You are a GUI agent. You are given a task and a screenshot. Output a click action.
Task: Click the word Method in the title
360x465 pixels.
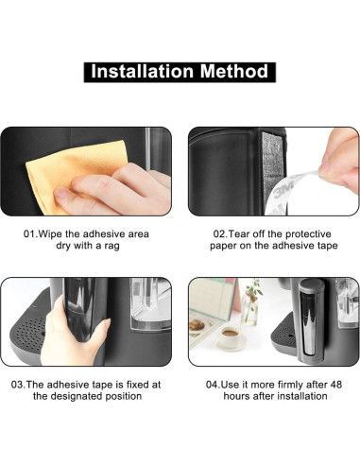[233, 72]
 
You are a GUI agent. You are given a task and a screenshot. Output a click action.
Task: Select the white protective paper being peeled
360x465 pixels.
[293, 184]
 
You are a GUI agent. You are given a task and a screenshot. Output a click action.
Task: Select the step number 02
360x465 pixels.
[220, 233]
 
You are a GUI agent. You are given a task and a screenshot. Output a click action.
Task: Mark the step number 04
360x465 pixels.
[214, 384]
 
